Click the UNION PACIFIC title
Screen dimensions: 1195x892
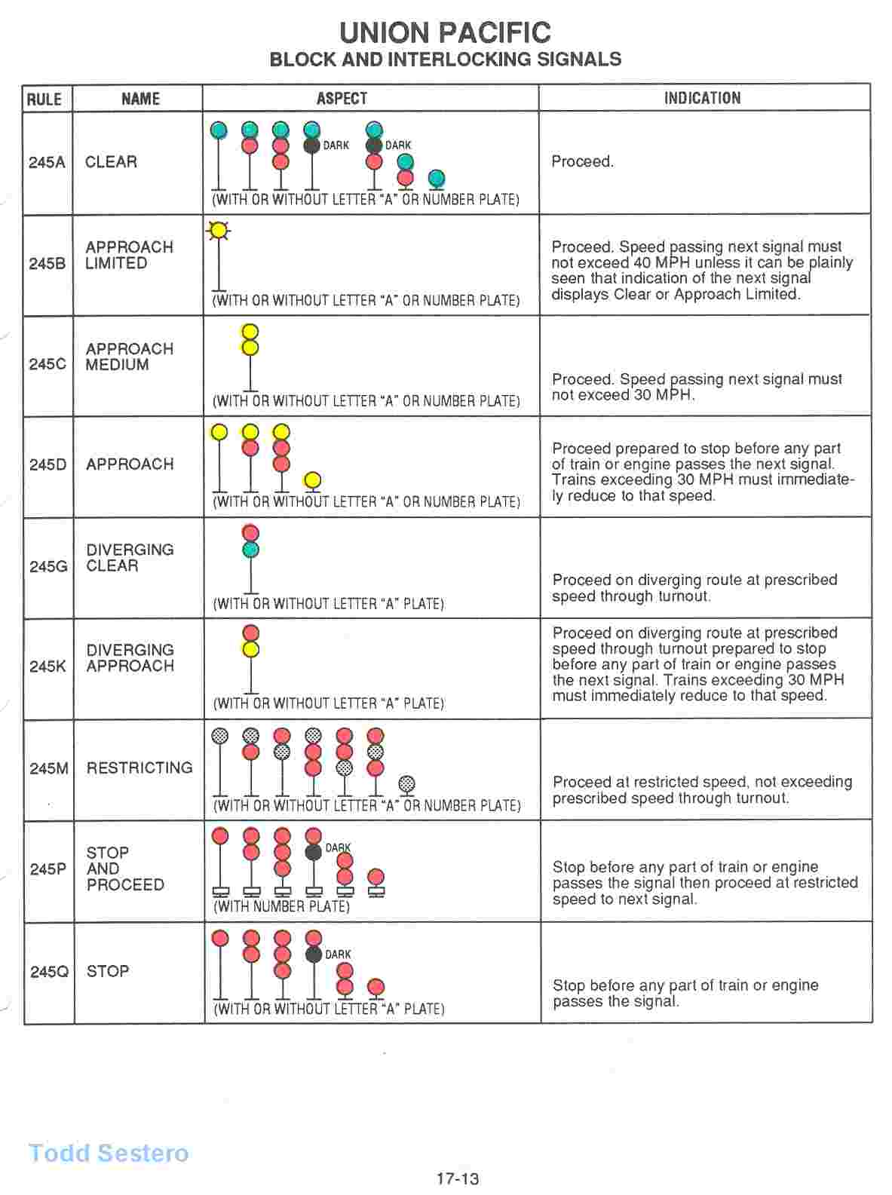click(x=445, y=32)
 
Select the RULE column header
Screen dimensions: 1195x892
click(x=44, y=99)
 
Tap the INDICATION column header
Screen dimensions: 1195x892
click(x=702, y=98)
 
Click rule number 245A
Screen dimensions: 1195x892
click(x=46, y=162)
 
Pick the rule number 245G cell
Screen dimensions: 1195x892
click(x=48, y=565)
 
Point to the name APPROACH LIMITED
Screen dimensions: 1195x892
click(x=129, y=256)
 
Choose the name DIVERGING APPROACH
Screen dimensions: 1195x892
click(x=130, y=658)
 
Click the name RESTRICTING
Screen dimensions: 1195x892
click(x=139, y=768)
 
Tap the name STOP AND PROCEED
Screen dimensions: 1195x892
click(x=124, y=869)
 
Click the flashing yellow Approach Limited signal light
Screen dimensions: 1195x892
click(x=219, y=230)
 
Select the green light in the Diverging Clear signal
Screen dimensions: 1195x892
click(x=250, y=550)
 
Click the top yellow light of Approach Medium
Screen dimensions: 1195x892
click(x=250, y=332)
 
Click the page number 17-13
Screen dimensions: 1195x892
click(x=458, y=1178)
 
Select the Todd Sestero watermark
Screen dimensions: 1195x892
click(x=109, y=1153)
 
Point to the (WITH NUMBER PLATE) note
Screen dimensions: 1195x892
click(x=282, y=907)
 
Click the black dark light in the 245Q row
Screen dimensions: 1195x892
click(x=314, y=954)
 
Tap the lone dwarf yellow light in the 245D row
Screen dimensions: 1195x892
click(x=312, y=480)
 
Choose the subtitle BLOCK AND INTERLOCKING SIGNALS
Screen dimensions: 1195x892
click(x=445, y=60)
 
